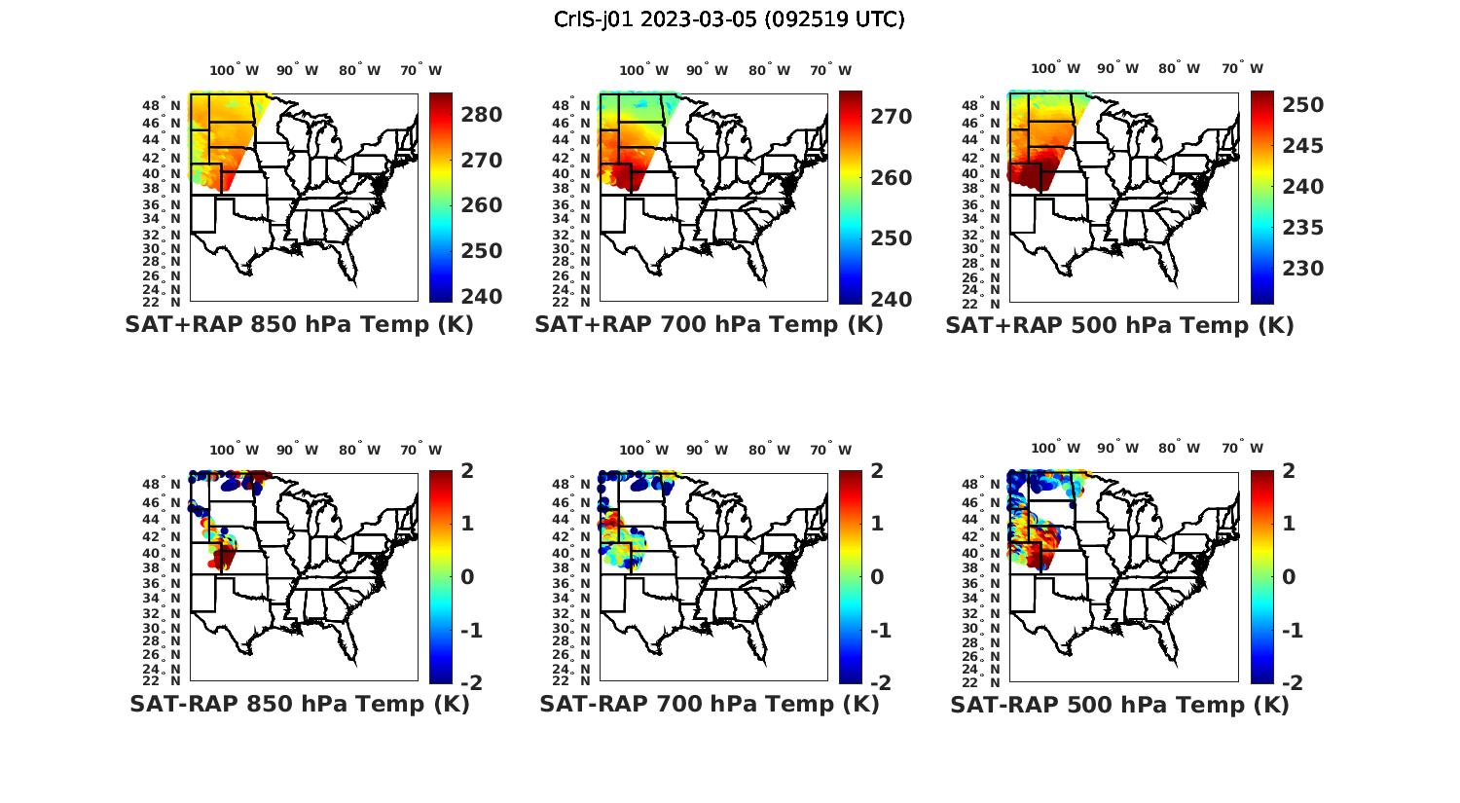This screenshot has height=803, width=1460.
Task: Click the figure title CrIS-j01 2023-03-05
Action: [729, 19]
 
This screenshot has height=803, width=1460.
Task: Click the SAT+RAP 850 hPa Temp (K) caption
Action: [299, 325]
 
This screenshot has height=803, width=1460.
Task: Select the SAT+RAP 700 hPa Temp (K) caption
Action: [709, 325]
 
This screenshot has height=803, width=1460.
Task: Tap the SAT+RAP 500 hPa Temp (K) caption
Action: [1119, 325]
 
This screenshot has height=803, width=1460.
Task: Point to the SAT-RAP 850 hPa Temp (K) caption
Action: [299, 704]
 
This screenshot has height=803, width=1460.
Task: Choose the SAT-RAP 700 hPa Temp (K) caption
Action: [709, 704]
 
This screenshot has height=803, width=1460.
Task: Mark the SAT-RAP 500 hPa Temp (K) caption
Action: [1119, 704]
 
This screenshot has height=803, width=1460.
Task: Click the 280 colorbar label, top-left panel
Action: [481, 115]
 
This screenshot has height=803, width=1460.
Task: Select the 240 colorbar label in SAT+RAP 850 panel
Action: [481, 296]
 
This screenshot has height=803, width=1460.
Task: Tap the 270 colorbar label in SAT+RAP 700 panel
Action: [891, 117]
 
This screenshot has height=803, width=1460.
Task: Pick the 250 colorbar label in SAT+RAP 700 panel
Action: [891, 238]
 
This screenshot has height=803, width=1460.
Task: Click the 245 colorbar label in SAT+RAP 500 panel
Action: [1302, 146]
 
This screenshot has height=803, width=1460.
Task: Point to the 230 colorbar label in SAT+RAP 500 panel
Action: [1302, 269]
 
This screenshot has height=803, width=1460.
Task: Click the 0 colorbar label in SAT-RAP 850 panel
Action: [467, 577]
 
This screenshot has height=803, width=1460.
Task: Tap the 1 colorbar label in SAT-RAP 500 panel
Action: [1290, 524]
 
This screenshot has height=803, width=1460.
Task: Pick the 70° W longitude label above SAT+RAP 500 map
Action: [1242, 68]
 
